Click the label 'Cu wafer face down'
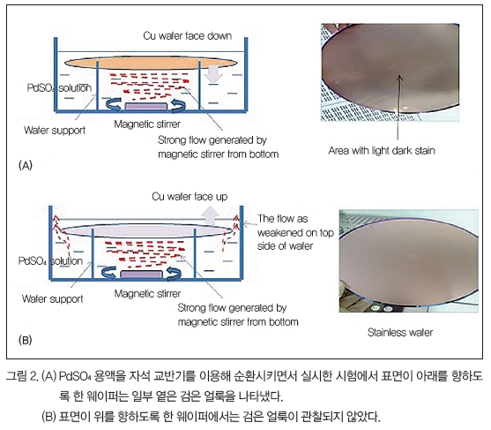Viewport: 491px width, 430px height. (x=187, y=35)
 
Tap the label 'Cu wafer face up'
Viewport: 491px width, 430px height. (x=190, y=197)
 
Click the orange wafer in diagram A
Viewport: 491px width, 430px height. (x=151, y=63)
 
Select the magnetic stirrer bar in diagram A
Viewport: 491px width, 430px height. (x=145, y=106)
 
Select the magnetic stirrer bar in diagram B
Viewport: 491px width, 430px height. (x=142, y=275)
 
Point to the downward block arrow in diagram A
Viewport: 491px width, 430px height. (x=213, y=73)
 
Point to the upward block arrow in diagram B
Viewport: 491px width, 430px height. (x=210, y=215)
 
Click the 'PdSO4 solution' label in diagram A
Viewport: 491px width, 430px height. (x=59, y=88)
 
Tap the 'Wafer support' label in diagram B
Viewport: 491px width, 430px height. (x=53, y=299)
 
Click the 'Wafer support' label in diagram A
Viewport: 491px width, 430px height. (x=55, y=130)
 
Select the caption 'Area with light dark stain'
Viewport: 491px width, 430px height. (x=382, y=151)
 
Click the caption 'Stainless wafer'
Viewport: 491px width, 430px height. (x=400, y=332)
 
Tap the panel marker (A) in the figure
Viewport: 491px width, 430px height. (x=26, y=165)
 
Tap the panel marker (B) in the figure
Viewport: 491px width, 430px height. (x=26, y=340)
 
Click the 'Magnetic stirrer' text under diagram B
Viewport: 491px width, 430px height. (x=147, y=294)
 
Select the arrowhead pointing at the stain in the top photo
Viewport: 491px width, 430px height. (x=399, y=78)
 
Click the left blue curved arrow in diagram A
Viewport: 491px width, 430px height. (x=114, y=104)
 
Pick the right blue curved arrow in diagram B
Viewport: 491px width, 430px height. (x=174, y=274)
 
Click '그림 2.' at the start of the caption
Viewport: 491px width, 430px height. (x=23, y=376)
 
